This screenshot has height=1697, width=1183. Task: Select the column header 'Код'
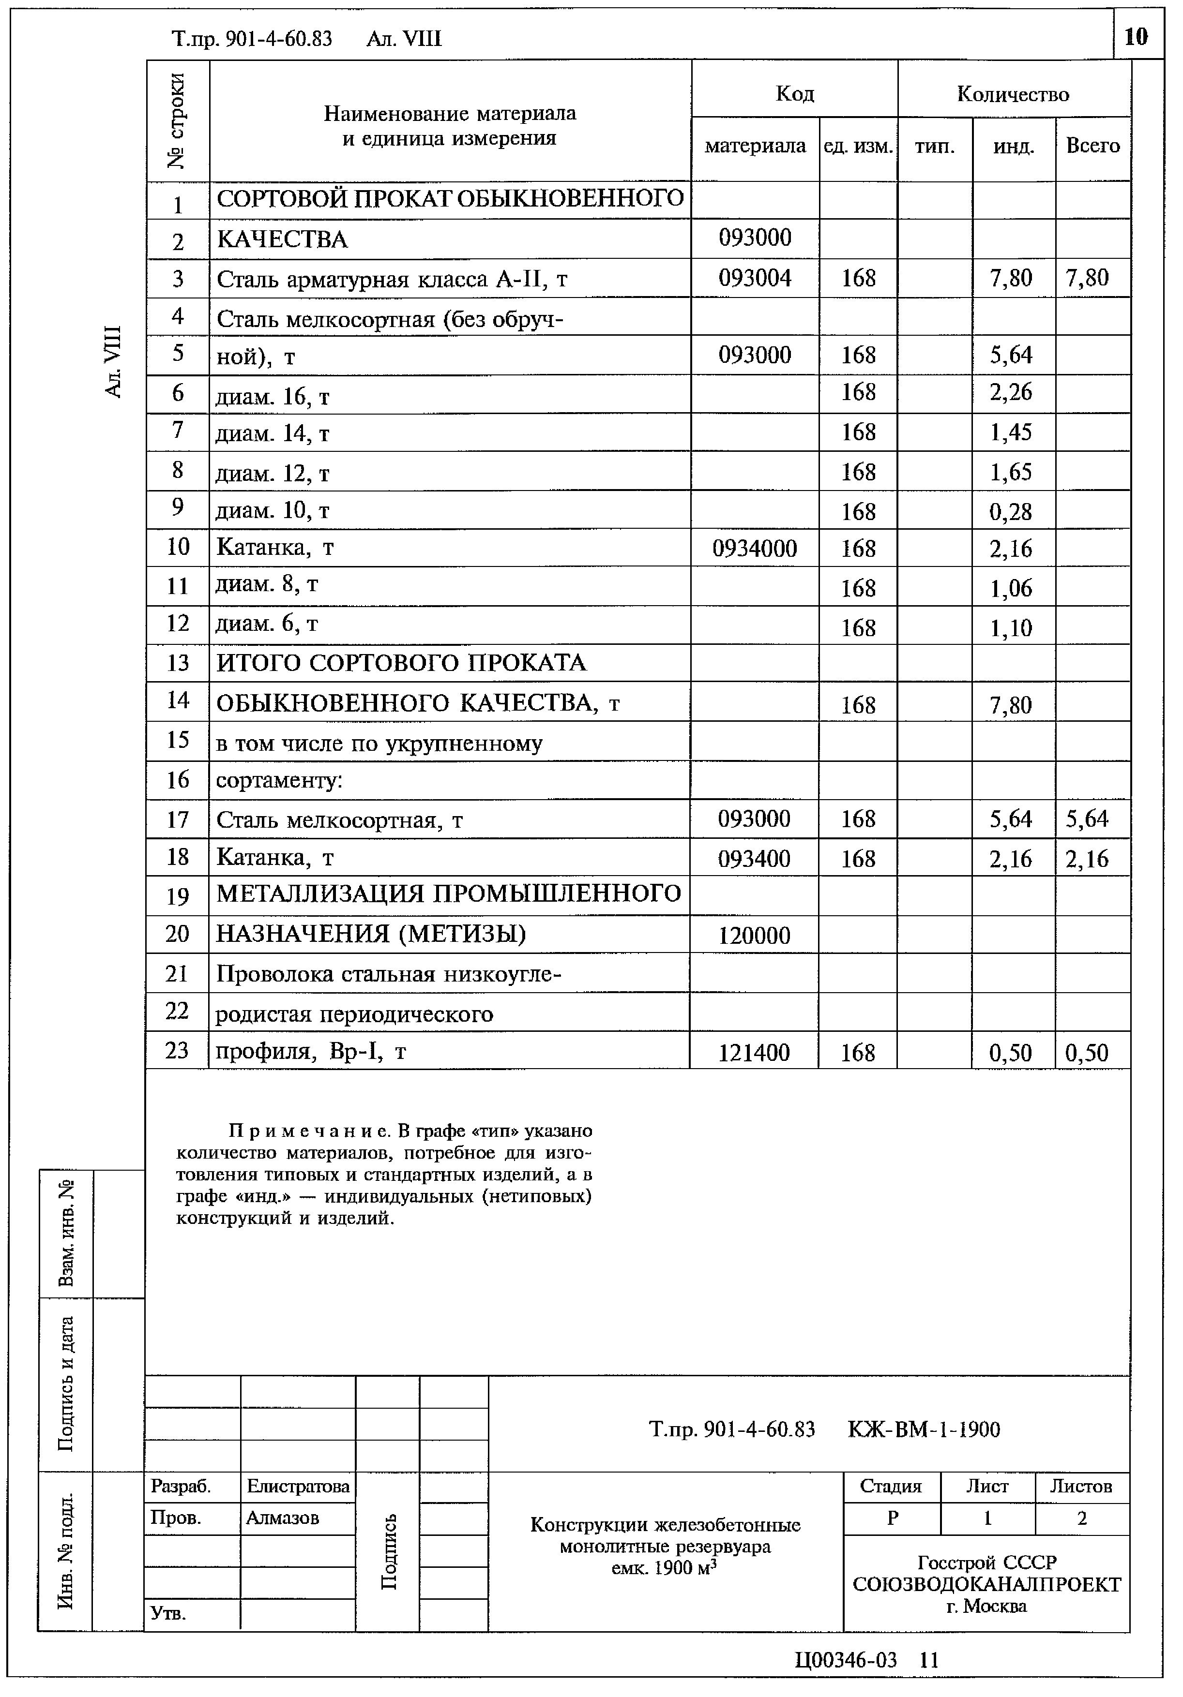coord(795,94)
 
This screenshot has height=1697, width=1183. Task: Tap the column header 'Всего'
coord(1092,146)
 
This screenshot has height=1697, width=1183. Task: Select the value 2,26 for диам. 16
coord(1011,392)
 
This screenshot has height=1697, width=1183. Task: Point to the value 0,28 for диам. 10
coord(1011,511)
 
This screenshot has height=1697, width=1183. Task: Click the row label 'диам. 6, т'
coord(267,625)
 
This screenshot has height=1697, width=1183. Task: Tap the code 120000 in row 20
coord(754,936)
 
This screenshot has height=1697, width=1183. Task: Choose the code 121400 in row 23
coord(754,1053)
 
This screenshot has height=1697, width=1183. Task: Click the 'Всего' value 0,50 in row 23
coord(1087,1053)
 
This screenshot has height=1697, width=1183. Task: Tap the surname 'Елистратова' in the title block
coord(298,1486)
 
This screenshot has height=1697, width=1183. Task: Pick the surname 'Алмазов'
coord(283,1518)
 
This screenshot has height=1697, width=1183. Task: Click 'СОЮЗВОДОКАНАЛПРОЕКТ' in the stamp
coord(986,1585)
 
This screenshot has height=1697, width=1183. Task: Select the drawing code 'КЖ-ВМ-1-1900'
coord(924,1429)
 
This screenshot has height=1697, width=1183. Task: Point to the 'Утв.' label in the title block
coord(168,1613)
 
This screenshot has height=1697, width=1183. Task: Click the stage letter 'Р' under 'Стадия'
coord(893,1518)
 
